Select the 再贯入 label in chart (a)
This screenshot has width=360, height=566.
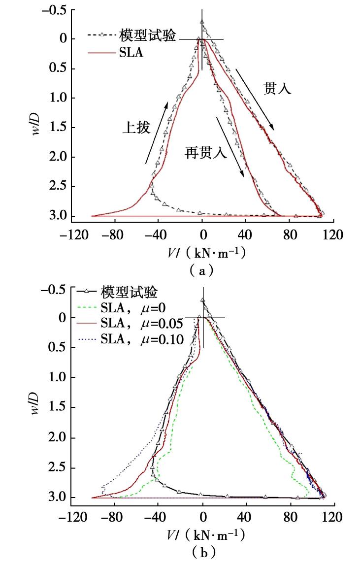pyautogui.click(x=205, y=152)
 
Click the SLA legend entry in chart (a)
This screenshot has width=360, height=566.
pyautogui.click(x=131, y=53)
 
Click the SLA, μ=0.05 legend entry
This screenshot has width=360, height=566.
pyautogui.click(x=142, y=324)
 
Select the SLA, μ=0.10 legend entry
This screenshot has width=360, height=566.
pyautogui.click(x=142, y=339)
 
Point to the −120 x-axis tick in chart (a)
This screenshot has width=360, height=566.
pyautogui.click(x=70, y=234)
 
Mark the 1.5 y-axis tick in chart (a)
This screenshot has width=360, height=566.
pyautogui.click(x=59, y=128)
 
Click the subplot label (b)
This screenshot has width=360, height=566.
pyautogui.click(x=202, y=553)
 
